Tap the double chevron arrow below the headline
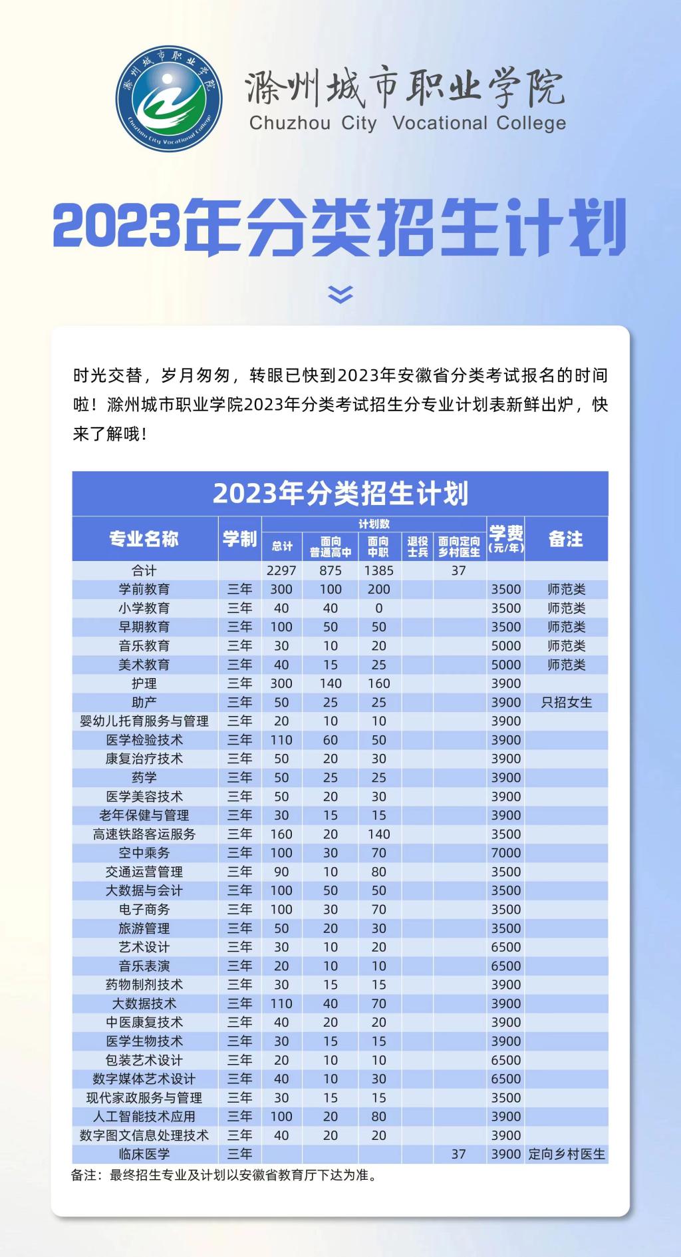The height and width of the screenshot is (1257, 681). (x=340, y=293)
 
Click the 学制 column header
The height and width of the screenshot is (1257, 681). (x=239, y=538)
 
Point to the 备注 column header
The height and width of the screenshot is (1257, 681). (x=566, y=538)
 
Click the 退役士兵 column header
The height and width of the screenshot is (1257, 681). (x=418, y=546)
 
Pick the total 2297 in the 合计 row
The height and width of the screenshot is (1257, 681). (x=281, y=570)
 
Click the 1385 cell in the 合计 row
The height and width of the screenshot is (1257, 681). (x=378, y=570)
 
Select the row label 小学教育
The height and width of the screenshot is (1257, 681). (x=144, y=608)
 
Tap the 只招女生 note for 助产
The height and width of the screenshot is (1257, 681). (x=566, y=702)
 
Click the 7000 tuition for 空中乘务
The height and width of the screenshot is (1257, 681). (x=505, y=852)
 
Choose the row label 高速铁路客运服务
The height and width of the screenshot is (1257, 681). (x=144, y=834)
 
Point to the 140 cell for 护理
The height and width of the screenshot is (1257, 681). (x=331, y=683)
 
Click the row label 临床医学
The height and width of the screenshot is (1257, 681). (x=144, y=1154)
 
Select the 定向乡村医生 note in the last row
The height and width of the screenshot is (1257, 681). (x=566, y=1154)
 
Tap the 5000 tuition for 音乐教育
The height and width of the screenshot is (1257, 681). (x=505, y=645)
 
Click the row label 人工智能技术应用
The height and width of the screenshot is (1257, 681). (x=144, y=1117)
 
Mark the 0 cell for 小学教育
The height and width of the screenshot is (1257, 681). (x=378, y=608)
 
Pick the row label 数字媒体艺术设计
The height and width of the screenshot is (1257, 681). (x=144, y=1079)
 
